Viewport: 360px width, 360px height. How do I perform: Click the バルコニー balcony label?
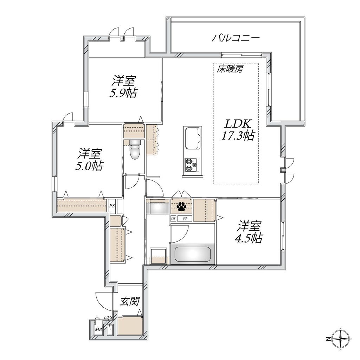click(x=235, y=38)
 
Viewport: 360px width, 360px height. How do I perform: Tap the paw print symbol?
click(x=181, y=206)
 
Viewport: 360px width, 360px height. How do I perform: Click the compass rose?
click(x=341, y=339)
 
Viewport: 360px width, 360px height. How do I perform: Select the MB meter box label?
click(x=99, y=329)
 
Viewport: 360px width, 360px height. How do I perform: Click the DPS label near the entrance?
click(x=108, y=317)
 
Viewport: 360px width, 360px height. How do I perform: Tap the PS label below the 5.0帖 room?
click(x=112, y=206)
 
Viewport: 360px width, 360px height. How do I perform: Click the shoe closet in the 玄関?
click(x=130, y=326)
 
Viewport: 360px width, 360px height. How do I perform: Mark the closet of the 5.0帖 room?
click(x=82, y=204)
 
